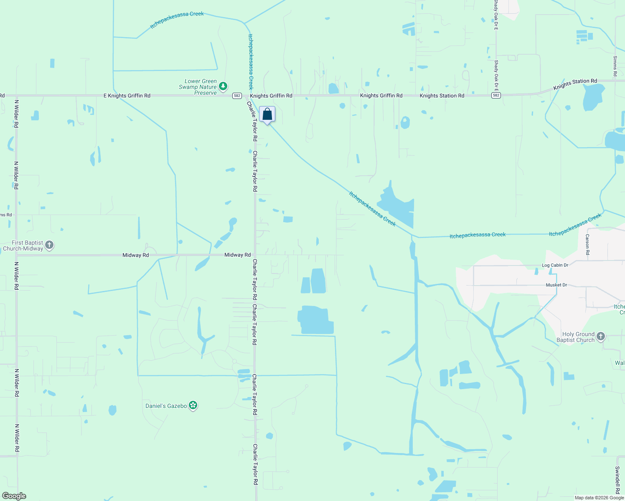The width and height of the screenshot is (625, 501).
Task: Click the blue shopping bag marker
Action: (267, 114)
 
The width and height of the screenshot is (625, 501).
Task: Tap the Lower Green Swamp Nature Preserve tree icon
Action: (224, 86)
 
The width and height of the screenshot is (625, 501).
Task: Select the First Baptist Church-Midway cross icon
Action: (49, 245)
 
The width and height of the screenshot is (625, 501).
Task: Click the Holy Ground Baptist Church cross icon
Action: (600, 337)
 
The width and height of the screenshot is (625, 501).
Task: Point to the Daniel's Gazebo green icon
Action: (193, 405)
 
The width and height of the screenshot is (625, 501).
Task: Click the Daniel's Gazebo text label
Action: (166, 406)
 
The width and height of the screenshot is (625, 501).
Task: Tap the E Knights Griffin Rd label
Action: (127, 96)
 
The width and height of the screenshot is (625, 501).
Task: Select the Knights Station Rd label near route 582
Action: (442, 96)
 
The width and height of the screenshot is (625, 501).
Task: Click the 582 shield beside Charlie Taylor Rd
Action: (237, 96)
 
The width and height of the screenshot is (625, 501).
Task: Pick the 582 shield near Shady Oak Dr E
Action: (496, 96)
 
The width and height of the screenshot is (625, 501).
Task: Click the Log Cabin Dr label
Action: (555, 265)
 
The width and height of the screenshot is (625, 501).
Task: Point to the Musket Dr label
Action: (556, 285)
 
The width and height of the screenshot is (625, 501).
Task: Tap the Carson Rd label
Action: (587, 244)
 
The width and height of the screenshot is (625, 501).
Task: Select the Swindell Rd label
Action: (617, 480)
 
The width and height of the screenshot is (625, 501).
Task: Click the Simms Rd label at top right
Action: (615, 66)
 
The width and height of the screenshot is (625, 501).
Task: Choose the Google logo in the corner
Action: (14, 496)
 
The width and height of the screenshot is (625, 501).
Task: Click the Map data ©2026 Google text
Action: (599, 498)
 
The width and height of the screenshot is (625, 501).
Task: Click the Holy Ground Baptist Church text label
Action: (575, 337)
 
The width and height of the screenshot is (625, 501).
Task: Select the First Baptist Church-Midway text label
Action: (23, 245)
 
